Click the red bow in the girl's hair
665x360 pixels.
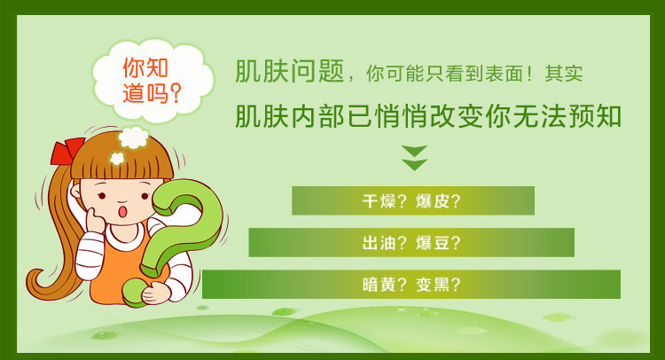click(x=66, y=151)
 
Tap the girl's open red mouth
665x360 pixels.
click(x=122, y=211)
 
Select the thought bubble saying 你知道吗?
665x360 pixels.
click(x=153, y=81)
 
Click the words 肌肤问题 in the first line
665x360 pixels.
click(x=289, y=71)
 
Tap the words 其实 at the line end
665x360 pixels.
click(x=564, y=74)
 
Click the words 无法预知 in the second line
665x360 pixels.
click(x=567, y=116)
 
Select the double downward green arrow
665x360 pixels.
click(x=414, y=158)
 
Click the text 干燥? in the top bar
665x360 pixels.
click(x=379, y=200)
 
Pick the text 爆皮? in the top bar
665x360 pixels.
click(x=438, y=200)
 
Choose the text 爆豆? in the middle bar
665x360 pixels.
click(x=438, y=243)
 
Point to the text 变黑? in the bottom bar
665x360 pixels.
click(x=438, y=285)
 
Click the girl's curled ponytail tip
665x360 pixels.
click(x=37, y=280)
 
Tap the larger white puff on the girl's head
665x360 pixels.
click(x=133, y=137)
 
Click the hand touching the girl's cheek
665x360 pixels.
click(x=94, y=219)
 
